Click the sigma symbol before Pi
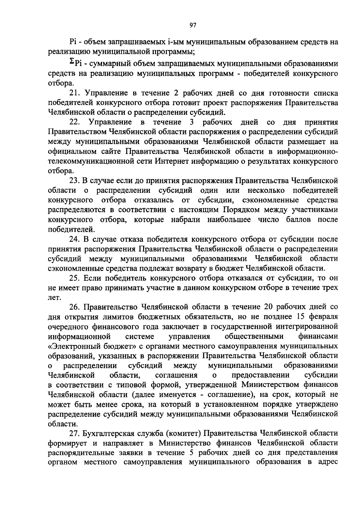click(72, 61)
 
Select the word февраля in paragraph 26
click(323, 317)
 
